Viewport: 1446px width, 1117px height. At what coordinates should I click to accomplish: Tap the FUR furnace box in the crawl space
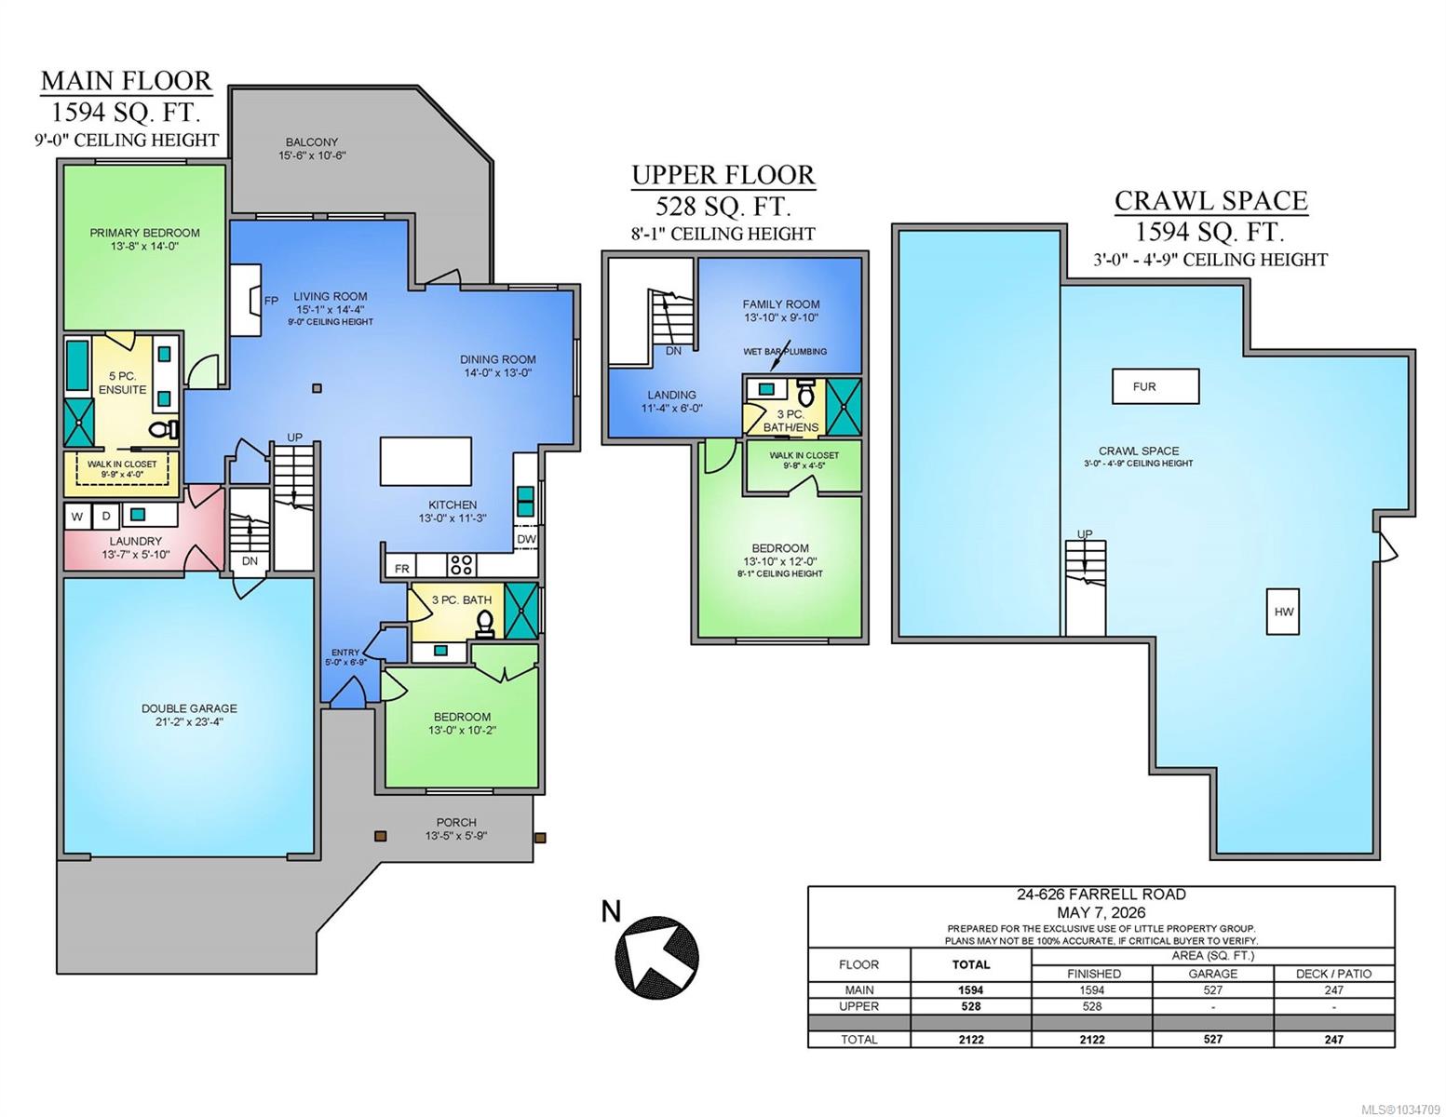coord(1155,386)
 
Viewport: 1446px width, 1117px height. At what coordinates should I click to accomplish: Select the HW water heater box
coord(1283,612)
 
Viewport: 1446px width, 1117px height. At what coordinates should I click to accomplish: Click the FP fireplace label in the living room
coord(271,301)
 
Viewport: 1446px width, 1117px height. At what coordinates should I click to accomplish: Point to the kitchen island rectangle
coord(426,461)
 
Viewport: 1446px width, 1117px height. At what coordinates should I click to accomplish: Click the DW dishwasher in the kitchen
coord(526,539)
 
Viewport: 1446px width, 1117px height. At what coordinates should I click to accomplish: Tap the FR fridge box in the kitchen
coord(402,568)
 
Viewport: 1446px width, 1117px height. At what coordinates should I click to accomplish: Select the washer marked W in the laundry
coord(78,517)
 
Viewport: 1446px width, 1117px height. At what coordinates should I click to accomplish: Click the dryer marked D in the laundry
coord(105,517)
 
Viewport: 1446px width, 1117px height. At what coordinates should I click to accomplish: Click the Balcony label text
coord(311,141)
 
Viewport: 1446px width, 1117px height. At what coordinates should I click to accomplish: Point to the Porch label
coord(456,822)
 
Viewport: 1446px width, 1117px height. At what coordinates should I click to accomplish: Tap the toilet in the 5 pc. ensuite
coord(162,430)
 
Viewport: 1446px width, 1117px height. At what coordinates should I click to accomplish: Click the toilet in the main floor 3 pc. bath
coord(485,624)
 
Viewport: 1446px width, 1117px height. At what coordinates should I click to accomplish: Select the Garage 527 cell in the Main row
coord(1212,989)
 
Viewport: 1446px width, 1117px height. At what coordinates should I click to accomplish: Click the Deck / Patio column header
coord(1333,974)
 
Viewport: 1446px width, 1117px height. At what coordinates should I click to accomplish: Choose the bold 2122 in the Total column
coord(971,1039)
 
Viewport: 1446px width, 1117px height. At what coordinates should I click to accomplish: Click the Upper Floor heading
coord(723,175)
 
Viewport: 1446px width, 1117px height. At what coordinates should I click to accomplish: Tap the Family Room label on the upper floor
coord(781,304)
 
